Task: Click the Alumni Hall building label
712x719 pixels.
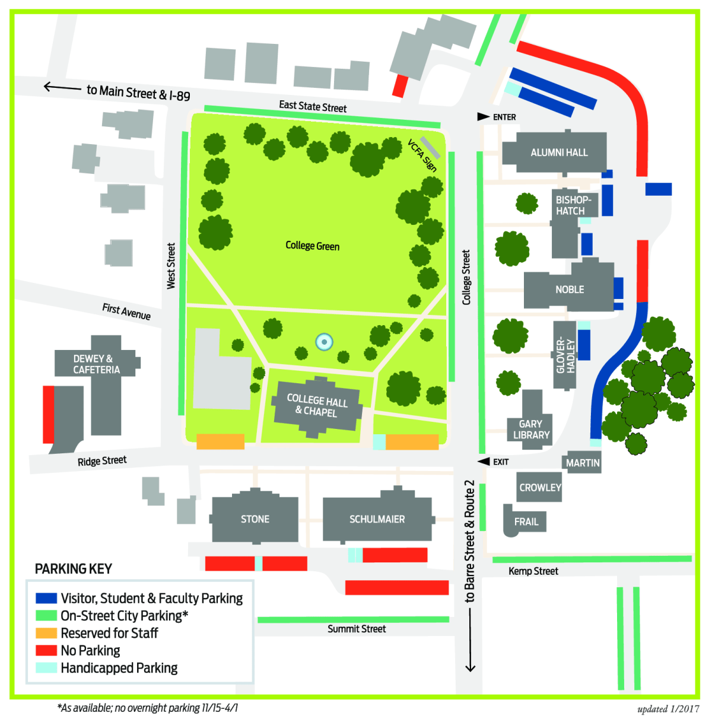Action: coord(559,152)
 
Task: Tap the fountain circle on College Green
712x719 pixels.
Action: coord(324,342)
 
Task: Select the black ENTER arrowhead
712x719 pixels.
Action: coord(483,117)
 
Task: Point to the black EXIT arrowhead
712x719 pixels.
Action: coord(484,462)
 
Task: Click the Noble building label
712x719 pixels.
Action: coord(570,289)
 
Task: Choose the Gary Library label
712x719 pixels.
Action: coord(531,430)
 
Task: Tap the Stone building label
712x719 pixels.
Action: coord(255,519)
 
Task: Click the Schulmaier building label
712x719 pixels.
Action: coord(377,519)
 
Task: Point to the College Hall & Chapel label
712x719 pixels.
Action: coord(317,405)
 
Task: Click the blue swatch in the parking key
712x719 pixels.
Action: coord(46,598)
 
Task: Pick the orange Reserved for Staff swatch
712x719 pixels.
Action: coord(46,633)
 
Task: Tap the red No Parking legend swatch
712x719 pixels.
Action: coord(46,650)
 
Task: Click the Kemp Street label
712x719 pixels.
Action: coord(533,571)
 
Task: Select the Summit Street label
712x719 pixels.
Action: coord(357,629)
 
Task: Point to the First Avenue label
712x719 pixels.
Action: coord(126,311)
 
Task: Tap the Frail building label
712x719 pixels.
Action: coord(526,522)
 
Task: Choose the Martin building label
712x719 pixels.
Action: coord(583,463)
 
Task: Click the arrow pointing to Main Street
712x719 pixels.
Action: coord(62,88)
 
